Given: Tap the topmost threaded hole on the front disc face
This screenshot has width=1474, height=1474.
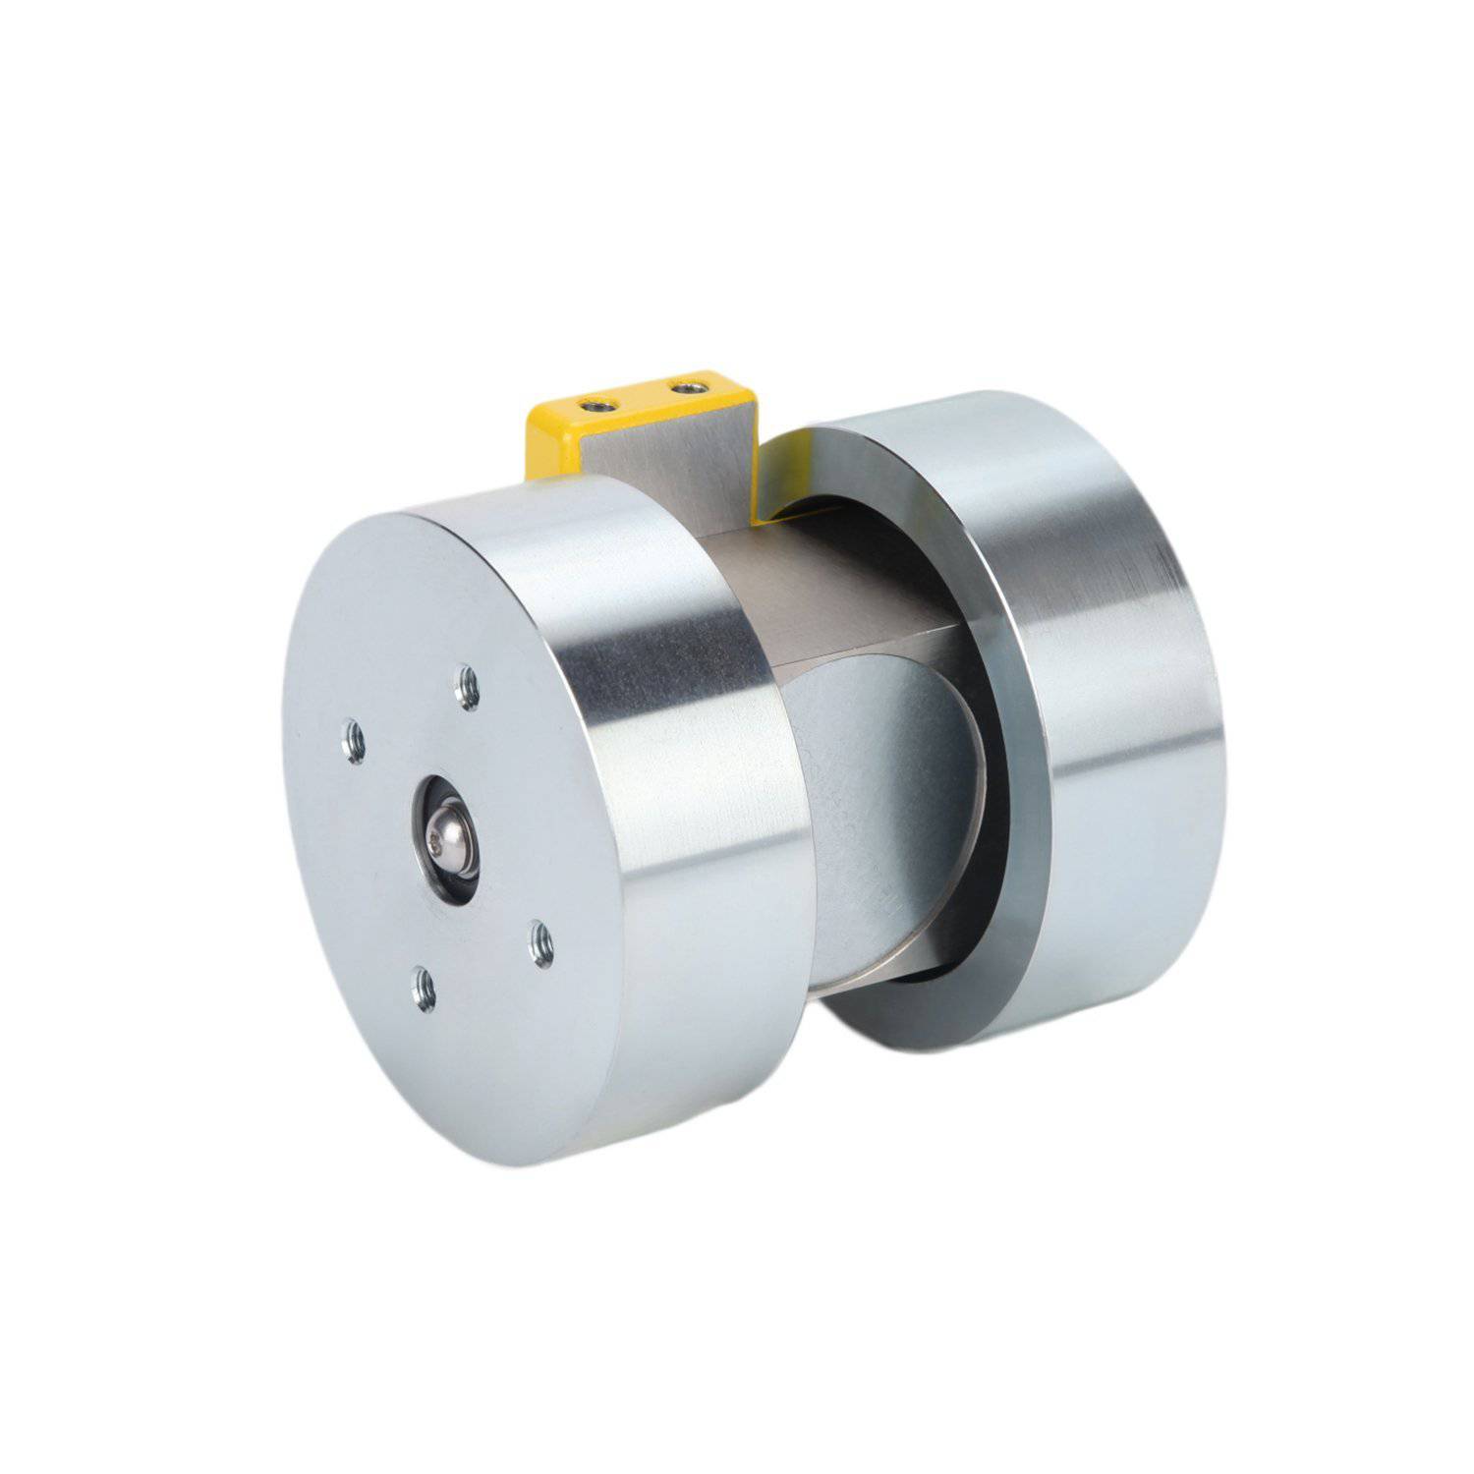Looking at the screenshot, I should click(x=469, y=687).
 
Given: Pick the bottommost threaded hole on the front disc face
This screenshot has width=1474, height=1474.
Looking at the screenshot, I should click(x=424, y=988).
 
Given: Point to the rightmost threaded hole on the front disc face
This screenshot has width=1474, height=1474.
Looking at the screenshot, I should click(x=540, y=944).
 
